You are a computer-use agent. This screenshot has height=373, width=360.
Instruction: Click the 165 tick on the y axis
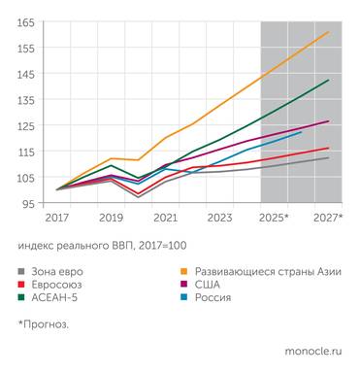pyautogui.click(x=24, y=21)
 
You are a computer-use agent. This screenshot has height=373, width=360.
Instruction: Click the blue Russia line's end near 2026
pyautogui.click(x=302, y=131)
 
